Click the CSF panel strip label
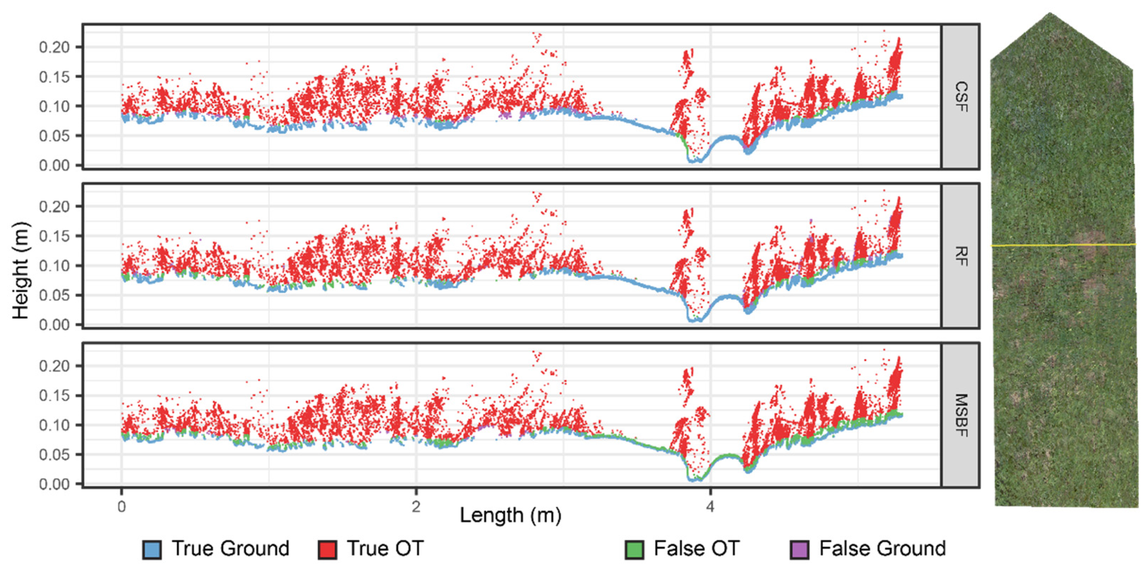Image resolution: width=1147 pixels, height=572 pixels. (960, 97)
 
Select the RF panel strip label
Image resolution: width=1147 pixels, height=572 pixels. (960, 256)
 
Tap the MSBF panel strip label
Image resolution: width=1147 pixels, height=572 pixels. (960, 415)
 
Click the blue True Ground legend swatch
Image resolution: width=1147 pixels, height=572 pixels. (152, 550)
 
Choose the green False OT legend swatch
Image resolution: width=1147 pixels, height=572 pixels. (634, 550)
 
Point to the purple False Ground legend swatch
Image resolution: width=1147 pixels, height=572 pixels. (799, 550)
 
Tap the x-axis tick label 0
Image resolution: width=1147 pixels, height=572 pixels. (121, 507)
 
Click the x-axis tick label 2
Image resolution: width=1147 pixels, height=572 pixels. (416, 507)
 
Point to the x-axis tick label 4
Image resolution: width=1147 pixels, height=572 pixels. (710, 507)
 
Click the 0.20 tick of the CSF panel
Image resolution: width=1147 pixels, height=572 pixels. (54, 47)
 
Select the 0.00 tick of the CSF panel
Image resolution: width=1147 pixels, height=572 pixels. (54, 165)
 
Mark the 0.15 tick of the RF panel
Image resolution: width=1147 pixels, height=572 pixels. (54, 236)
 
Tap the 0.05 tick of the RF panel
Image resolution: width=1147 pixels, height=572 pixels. (54, 295)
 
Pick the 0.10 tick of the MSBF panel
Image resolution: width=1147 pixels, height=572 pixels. (54, 425)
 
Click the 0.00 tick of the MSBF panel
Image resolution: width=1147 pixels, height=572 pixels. (54, 484)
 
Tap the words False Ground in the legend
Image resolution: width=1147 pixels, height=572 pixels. (883, 548)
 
